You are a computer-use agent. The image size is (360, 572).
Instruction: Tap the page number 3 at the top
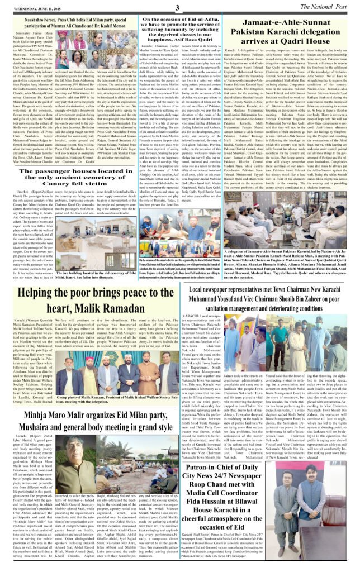point(177,7)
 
